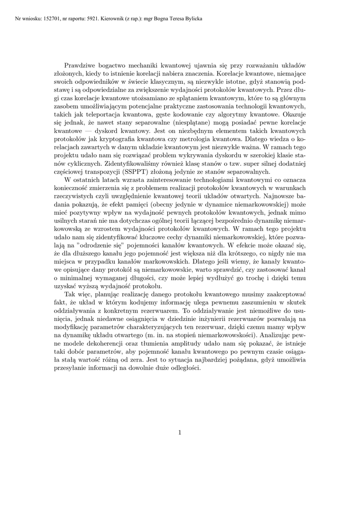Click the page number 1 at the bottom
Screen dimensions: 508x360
180,432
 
